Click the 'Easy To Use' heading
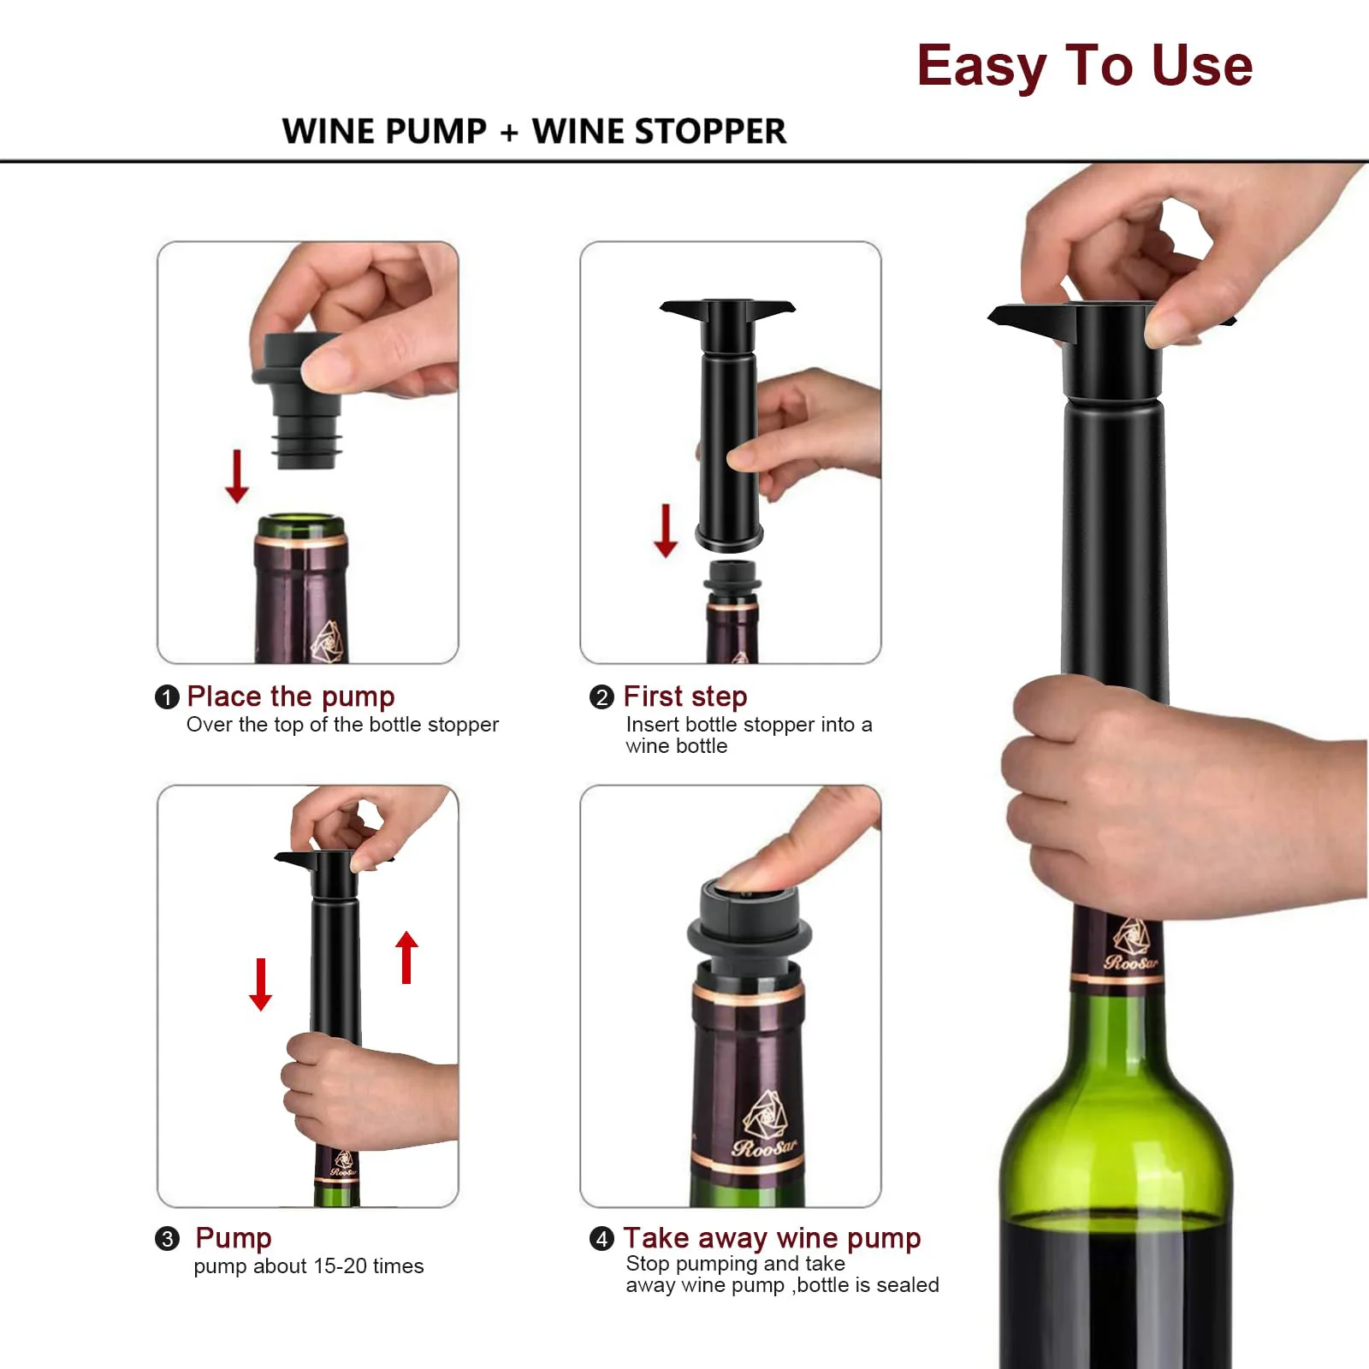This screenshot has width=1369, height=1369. (1084, 66)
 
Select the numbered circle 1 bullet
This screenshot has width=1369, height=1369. (166, 697)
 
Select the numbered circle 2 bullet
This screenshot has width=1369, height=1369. (602, 697)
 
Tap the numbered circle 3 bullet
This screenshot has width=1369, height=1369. (167, 1239)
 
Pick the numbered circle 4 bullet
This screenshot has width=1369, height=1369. (602, 1239)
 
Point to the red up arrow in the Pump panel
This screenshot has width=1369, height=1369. (407, 957)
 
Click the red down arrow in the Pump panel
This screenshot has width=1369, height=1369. (261, 984)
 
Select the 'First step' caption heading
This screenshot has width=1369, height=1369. (684, 696)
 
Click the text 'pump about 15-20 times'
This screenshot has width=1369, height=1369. (308, 1266)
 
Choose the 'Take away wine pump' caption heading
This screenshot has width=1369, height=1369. (771, 1238)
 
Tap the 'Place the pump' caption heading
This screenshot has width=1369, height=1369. (290, 696)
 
